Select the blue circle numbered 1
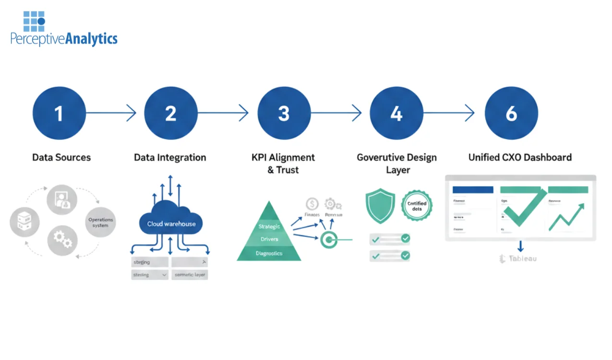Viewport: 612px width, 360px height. [59, 113]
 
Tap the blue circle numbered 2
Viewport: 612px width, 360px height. [171, 113]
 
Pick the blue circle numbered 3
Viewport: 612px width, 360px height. [284, 113]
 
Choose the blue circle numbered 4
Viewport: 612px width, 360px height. [396, 113]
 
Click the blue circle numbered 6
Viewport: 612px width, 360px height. [511, 113]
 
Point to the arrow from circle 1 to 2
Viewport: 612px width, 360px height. [111, 113]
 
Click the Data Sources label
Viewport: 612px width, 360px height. [61, 157]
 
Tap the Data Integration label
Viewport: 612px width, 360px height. [170, 157]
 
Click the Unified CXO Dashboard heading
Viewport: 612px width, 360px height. [520, 157]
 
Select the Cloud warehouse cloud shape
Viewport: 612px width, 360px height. [171, 222]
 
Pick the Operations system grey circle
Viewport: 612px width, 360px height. [100, 222]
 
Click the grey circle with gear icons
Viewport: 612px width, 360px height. [62, 240]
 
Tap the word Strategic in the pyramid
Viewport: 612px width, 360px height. [269, 226]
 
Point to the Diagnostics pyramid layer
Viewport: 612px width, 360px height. [269, 253]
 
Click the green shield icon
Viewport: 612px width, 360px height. [380, 205]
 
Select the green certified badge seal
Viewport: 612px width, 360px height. [417, 205]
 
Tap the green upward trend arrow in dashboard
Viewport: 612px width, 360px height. [566, 217]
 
